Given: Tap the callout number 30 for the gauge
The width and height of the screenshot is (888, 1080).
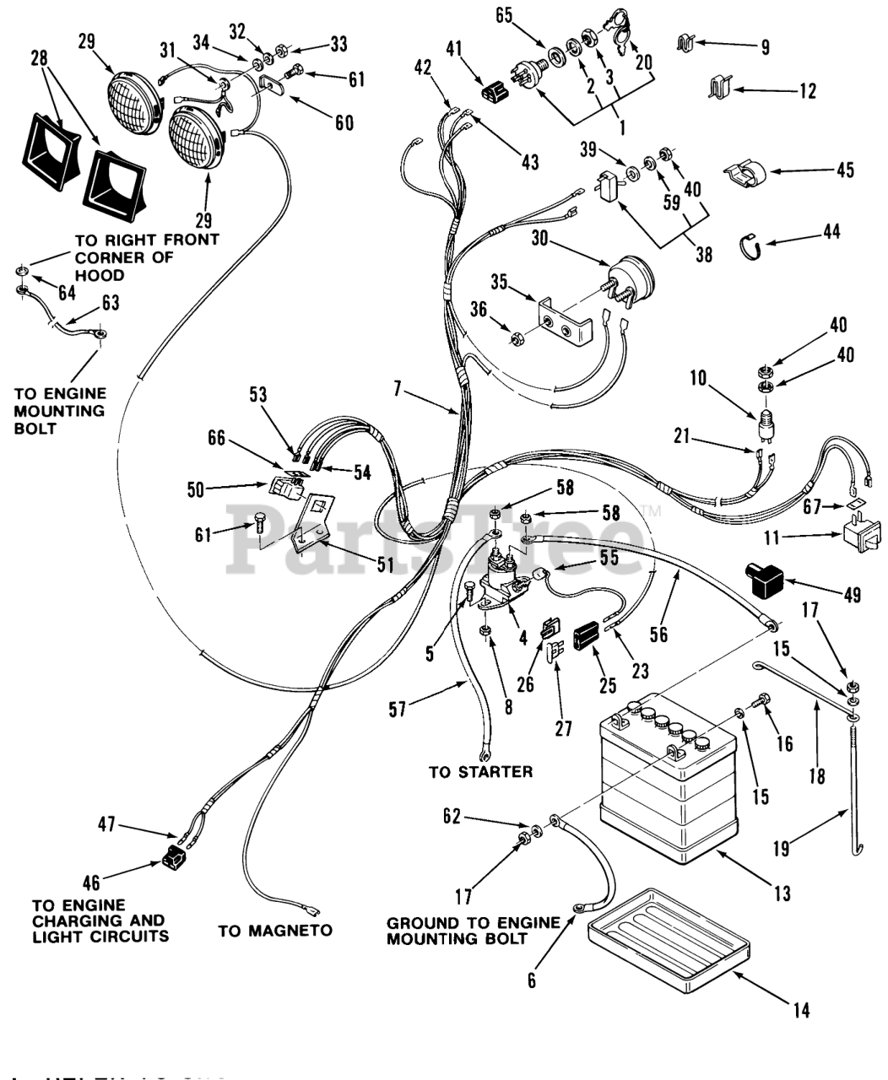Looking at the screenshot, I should [x=540, y=240].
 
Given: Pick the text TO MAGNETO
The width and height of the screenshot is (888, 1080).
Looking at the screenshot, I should [x=275, y=931].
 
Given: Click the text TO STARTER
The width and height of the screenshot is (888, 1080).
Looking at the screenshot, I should [x=480, y=771].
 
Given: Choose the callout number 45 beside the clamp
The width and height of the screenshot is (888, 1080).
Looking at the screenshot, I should [x=844, y=170].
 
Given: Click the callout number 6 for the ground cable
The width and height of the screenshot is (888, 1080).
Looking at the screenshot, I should [x=531, y=980].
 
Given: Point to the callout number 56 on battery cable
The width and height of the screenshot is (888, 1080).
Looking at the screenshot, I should [x=659, y=633].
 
